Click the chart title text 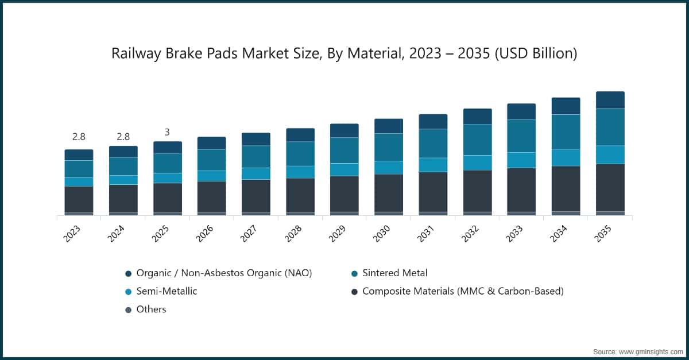tap(344, 53)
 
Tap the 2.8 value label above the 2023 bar tap(79, 137)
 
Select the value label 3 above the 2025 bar tap(167, 132)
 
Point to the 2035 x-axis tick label tap(605, 233)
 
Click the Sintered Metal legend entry tap(394, 273)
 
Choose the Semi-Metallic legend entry tap(167, 291)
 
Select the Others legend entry tap(151, 309)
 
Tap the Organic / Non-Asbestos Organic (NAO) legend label tap(224, 273)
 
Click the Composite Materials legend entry tap(463, 291)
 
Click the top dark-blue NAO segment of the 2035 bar tap(610, 100)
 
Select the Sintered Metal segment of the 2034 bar tap(566, 131)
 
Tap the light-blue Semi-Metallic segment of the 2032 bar tap(477, 162)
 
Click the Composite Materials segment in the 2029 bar tap(344, 193)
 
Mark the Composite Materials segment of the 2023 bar tap(79, 199)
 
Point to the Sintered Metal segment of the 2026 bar tap(211, 160)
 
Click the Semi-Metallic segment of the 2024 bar tap(123, 180)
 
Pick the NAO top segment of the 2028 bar tap(300, 135)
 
